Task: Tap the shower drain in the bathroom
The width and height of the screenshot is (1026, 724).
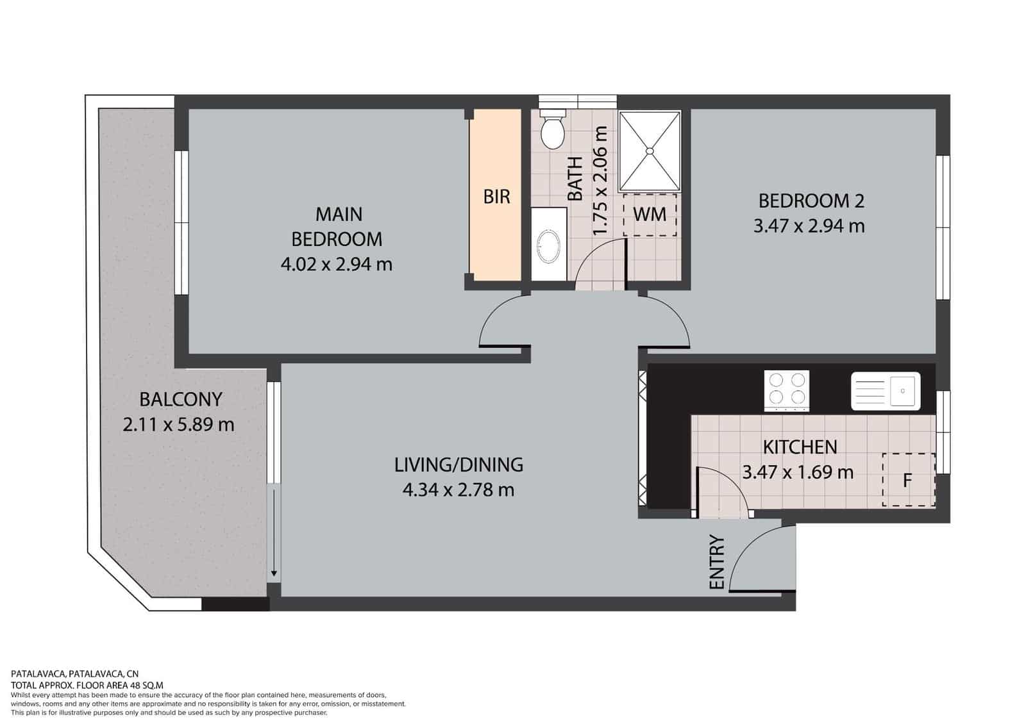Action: tap(650, 150)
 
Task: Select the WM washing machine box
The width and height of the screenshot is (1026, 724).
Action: tap(650, 215)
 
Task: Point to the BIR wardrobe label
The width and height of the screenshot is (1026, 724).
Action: tap(496, 197)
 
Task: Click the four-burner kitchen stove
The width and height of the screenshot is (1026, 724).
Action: tap(786, 390)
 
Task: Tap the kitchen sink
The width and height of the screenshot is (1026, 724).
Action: tap(886, 390)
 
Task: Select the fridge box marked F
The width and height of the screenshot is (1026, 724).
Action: tap(909, 480)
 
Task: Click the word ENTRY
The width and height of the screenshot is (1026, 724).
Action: tap(716, 561)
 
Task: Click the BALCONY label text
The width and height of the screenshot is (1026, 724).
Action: tap(181, 400)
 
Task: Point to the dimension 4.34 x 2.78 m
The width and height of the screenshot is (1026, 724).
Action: tap(458, 490)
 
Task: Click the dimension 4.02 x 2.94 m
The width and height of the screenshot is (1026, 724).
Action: tap(337, 265)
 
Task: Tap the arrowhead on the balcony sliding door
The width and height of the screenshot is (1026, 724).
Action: tap(274, 573)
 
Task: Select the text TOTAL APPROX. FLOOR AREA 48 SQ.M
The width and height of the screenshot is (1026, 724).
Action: tap(87, 685)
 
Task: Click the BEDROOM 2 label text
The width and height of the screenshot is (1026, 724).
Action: tap(812, 201)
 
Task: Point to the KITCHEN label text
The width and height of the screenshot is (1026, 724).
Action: tap(800, 447)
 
